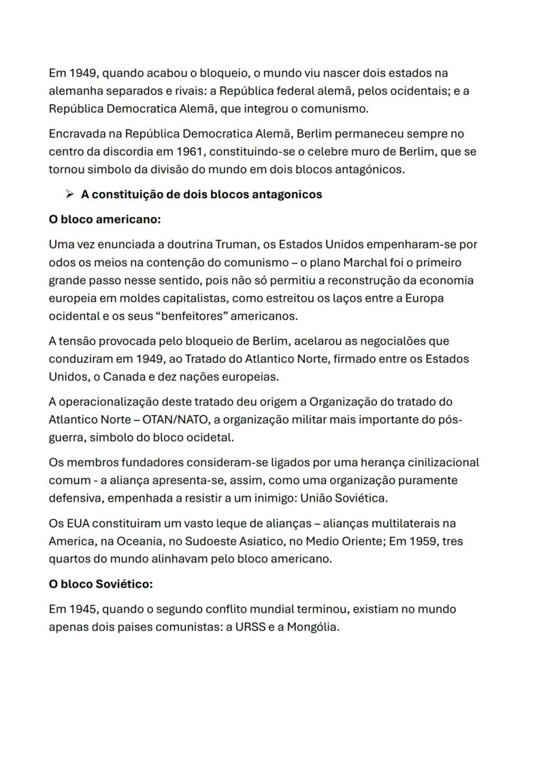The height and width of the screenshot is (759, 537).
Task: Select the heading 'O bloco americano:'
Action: click(104, 219)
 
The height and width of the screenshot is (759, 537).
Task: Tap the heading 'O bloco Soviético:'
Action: click(101, 583)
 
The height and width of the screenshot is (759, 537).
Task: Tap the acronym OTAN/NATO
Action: click(151, 420)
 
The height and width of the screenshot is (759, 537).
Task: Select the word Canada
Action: click(126, 376)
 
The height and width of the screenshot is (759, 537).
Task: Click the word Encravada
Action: click(77, 134)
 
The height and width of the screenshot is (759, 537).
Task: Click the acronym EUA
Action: click(76, 522)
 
